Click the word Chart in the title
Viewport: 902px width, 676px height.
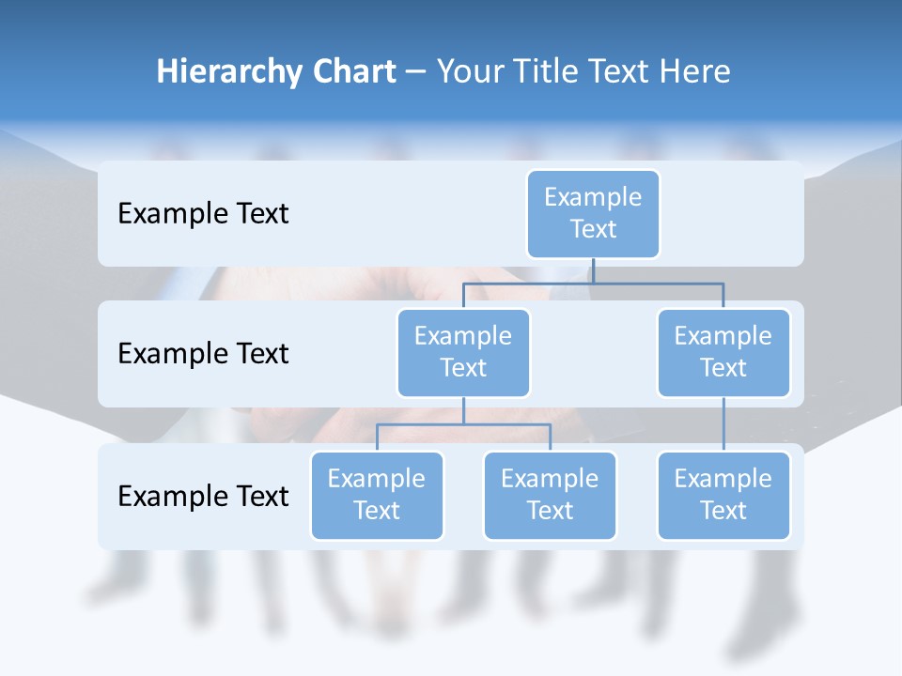(x=354, y=71)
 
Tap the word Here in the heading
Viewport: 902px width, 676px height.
(x=696, y=71)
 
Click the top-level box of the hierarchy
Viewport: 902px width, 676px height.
(x=593, y=213)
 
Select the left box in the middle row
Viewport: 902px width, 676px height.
(x=463, y=352)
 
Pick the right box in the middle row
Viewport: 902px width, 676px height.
(x=723, y=352)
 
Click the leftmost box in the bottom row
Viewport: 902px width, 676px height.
(x=377, y=495)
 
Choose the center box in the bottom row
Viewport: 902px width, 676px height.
(x=550, y=495)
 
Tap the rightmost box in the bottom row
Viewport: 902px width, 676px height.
(x=723, y=495)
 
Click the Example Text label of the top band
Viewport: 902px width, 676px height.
(x=203, y=213)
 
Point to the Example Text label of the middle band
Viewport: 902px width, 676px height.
(x=203, y=353)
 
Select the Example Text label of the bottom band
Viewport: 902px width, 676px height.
(x=203, y=496)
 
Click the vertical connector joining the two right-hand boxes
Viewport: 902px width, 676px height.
(x=723, y=424)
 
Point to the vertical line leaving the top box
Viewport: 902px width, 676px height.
(x=593, y=270)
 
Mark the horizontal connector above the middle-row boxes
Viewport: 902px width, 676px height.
(x=593, y=283)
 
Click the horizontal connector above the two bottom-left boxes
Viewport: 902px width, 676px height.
(x=463, y=424)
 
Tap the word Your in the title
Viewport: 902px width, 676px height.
(x=469, y=71)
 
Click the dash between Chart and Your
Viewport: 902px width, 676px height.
(x=416, y=73)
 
